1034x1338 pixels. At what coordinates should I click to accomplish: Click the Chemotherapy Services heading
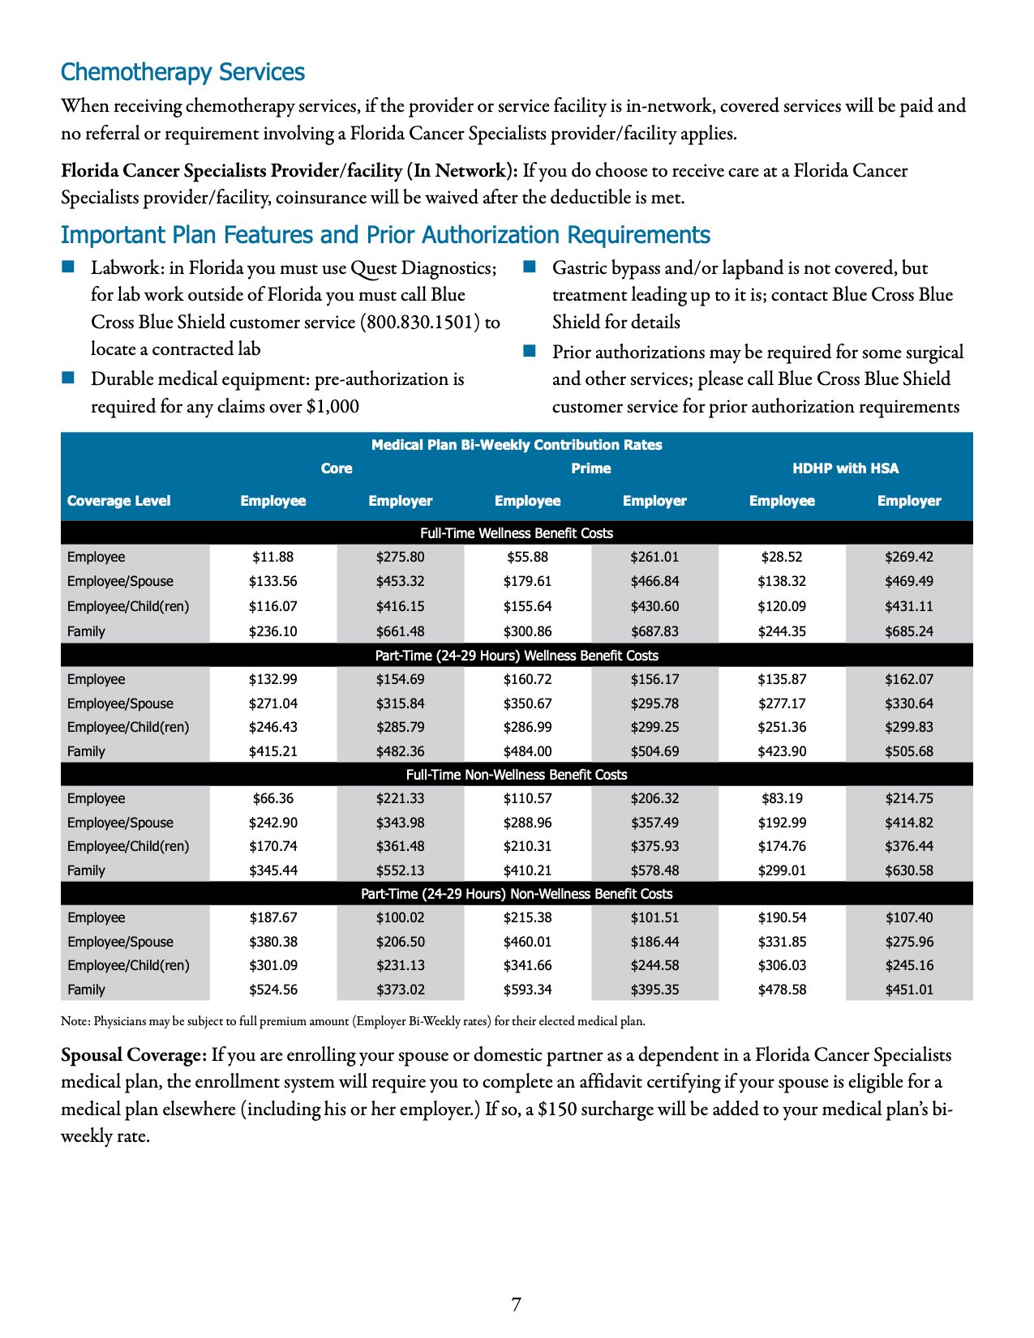coord(182,72)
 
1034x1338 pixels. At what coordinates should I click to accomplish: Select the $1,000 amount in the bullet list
coord(333,406)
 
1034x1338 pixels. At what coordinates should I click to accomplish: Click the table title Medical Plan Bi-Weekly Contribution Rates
coord(517,445)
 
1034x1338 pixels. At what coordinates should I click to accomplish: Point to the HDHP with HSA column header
coord(845,468)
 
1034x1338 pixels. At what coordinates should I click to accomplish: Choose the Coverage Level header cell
coord(118,501)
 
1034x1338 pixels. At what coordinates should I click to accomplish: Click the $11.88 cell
coord(272,557)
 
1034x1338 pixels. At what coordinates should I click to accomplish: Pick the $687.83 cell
coord(654,631)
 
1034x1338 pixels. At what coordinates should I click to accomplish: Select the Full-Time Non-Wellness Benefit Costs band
coord(517,775)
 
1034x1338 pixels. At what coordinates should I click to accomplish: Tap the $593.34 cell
coord(527,990)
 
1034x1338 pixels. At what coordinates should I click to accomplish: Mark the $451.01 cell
coord(908,990)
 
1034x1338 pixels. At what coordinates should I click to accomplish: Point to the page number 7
coord(517,1304)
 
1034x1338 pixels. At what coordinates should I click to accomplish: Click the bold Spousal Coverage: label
coord(134,1055)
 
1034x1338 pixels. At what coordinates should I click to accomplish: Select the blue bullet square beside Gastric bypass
coord(530,267)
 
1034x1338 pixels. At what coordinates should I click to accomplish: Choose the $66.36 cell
coord(272,798)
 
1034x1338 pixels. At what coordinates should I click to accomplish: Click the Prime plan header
coord(590,468)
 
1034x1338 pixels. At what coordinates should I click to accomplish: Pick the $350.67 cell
coord(527,703)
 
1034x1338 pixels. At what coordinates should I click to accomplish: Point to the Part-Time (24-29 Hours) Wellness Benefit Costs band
coord(517,655)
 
